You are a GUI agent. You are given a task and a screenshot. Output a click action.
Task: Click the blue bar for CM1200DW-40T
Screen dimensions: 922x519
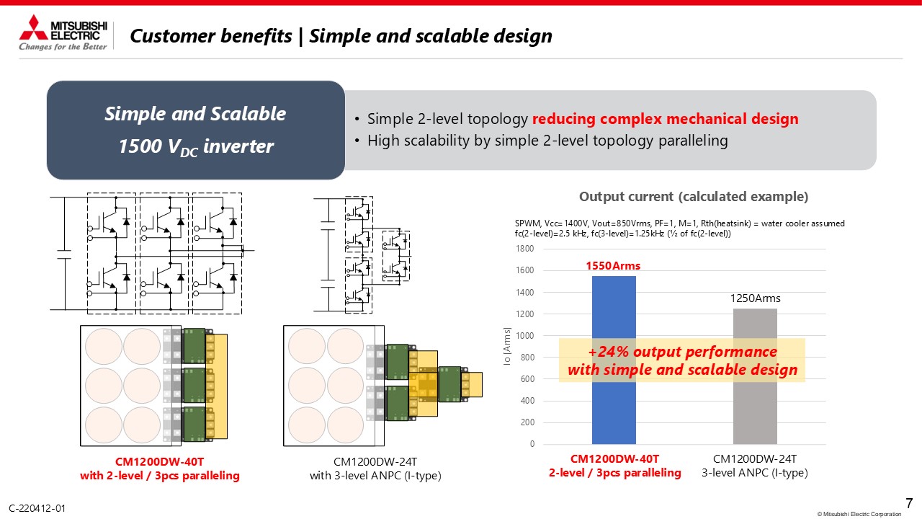tap(614, 360)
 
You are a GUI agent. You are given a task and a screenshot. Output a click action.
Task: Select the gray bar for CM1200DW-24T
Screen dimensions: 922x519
tap(755, 376)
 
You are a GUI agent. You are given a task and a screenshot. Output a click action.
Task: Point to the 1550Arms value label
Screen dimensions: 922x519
tap(613, 266)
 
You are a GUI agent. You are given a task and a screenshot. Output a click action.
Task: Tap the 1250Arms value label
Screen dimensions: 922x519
tap(755, 298)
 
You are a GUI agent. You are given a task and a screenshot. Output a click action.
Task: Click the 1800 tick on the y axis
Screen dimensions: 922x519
tap(524, 249)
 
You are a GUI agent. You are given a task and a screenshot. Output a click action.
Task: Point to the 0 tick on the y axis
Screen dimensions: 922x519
tap(532, 443)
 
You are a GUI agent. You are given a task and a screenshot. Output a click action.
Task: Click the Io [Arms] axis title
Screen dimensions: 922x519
tap(506, 346)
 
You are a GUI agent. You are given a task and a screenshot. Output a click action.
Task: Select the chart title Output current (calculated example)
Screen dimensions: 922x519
tap(694, 197)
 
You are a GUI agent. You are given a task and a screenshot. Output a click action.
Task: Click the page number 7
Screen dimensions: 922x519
tap(909, 503)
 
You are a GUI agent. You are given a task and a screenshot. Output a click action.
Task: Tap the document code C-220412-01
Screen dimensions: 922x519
tap(37, 508)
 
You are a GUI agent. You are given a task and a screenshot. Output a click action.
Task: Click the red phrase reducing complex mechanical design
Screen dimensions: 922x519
tap(665, 119)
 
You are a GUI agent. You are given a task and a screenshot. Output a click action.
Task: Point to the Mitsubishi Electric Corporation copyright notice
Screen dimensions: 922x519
tap(859, 514)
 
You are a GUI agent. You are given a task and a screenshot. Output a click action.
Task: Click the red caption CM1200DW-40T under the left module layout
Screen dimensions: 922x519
tap(159, 461)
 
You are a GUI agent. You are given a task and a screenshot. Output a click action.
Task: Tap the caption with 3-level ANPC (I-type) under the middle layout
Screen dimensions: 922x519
tap(375, 475)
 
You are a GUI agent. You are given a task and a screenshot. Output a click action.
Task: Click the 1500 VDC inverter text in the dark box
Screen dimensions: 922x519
tap(196, 146)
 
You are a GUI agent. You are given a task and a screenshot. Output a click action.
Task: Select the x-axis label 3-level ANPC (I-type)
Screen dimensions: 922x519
tap(754, 472)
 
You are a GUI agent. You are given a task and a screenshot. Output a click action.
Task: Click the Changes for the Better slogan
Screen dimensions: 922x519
tap(63, 47)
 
